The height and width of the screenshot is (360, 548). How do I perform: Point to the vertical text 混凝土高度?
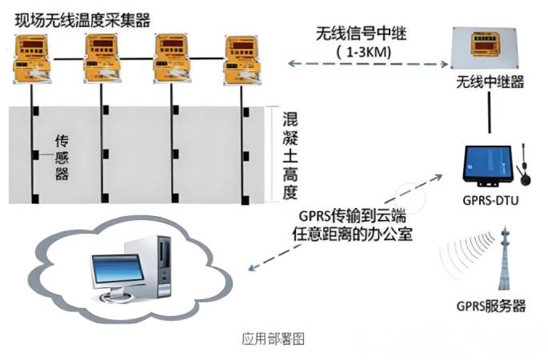pyautogui.click(x=290, y=155)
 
